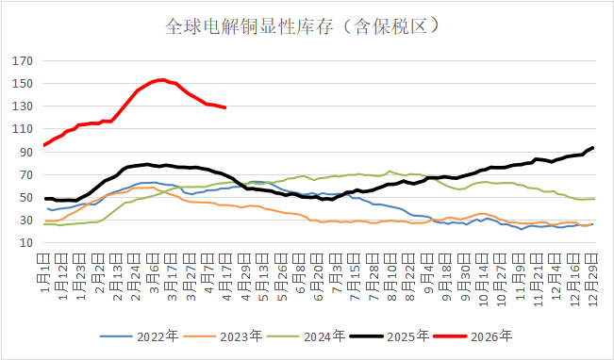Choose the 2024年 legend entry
pos(323,335)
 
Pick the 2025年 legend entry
pos(408,335)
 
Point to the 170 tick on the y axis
pos(24,61)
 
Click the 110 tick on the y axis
pos(24,129)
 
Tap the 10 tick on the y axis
pos(25,242)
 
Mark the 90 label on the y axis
pos(25,152)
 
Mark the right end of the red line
pos(225,107)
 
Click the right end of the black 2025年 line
pos(592,147)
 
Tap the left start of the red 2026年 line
pos(45,145)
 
